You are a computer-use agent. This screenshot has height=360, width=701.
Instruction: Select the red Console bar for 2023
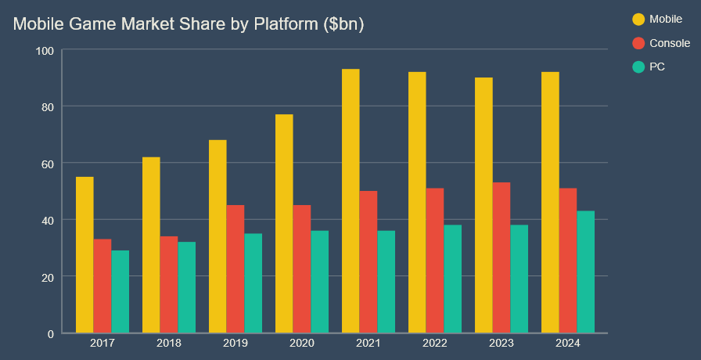(501, 258)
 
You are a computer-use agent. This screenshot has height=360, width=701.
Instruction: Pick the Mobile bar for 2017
(84, 255)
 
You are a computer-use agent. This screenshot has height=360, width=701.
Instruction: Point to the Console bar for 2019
(235, 269)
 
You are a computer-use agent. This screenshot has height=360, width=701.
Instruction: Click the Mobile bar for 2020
(284, 224)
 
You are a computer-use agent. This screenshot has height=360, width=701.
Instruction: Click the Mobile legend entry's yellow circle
(638, 19)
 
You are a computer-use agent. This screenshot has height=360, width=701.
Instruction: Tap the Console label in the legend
(670, 43)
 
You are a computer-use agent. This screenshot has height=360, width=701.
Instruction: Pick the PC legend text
(657, 67)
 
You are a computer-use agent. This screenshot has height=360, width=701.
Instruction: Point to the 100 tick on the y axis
(45, 50)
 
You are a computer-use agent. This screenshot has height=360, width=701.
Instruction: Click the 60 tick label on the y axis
(48, 163)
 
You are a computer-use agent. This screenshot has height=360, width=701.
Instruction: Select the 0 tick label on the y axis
(51, 333)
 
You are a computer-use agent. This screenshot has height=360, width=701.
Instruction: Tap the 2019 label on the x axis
(235, 344)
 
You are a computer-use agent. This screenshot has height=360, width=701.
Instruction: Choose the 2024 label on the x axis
(568, 344)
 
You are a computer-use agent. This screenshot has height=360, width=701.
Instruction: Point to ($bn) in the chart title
(343, 24)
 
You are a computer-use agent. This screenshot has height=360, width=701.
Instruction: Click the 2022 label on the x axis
(435, 344)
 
